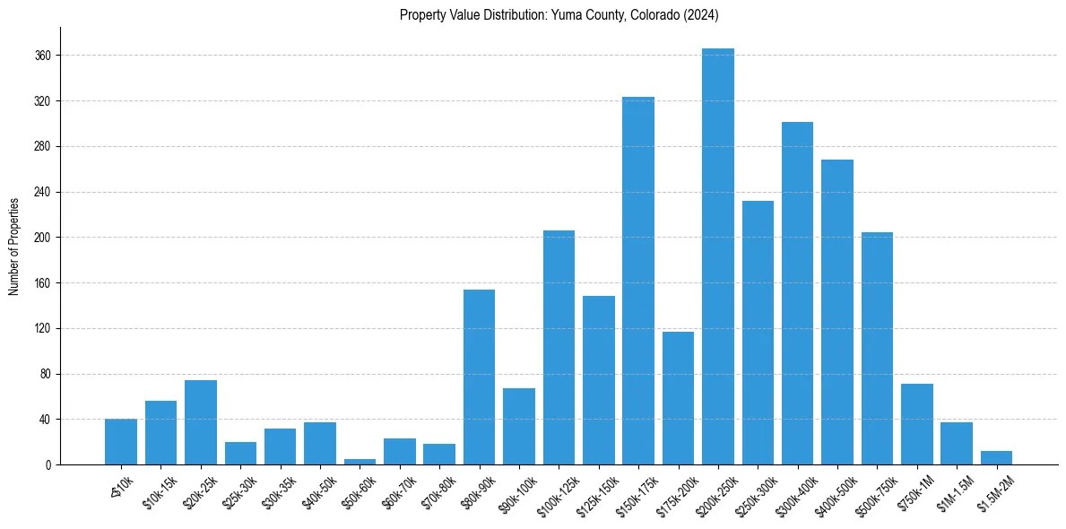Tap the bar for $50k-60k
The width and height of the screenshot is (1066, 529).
coord(360,462)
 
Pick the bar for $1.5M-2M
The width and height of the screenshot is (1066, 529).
coord(996,458)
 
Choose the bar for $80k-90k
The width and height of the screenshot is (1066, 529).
coord(479,377)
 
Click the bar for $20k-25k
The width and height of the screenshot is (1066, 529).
coord(201,422)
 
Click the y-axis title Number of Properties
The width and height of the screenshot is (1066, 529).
coord(14,246)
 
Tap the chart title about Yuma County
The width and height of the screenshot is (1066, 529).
coord(559,15)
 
